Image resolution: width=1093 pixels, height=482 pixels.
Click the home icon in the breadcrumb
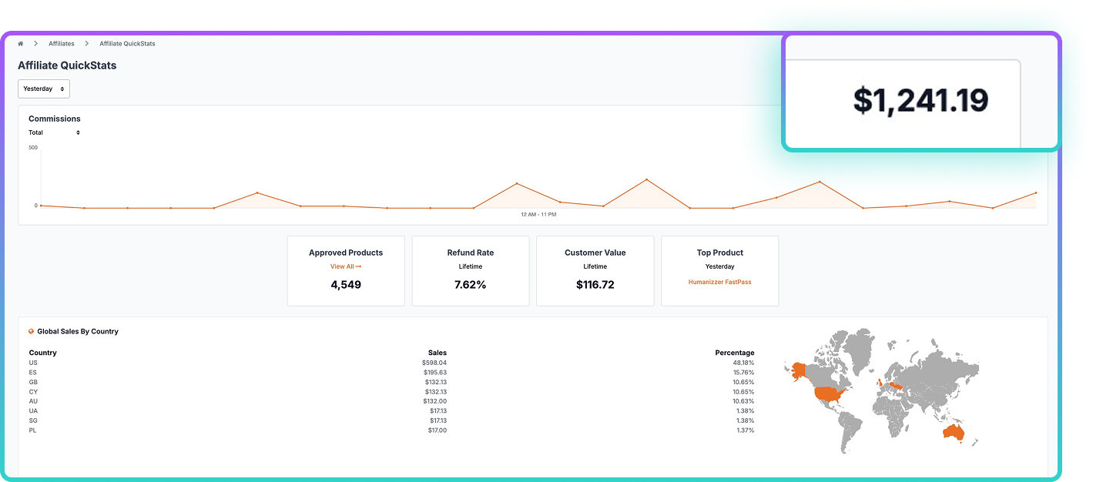coord(21,44)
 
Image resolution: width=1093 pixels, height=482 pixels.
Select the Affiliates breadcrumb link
coord(62,44)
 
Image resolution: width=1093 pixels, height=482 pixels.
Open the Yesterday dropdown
coord(44,89)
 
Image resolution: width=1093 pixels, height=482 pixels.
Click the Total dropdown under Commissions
coord(54,132)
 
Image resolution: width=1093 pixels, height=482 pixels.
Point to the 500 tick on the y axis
coord(33,147)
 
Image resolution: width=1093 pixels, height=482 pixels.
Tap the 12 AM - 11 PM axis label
coord(538,214)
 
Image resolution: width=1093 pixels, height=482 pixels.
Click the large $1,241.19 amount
coord(920,101)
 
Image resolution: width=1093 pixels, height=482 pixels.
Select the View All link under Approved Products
coord(346,266)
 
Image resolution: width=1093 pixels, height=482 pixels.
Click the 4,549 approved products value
coord(346,285)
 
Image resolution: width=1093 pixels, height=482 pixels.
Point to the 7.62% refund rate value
coord(471,285)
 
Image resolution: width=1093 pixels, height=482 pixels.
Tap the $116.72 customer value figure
coord(595,285)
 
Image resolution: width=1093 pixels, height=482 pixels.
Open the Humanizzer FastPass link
coord(719,282)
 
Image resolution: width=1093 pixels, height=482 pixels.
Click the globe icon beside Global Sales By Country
coord(32,331)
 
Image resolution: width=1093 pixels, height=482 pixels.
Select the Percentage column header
coord(735,353)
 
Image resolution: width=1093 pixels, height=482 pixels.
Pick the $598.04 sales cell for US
coord(434,363)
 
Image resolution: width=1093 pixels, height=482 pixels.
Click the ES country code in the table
coord(33,373)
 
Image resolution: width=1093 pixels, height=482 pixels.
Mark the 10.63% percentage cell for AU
coord(743,401)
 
